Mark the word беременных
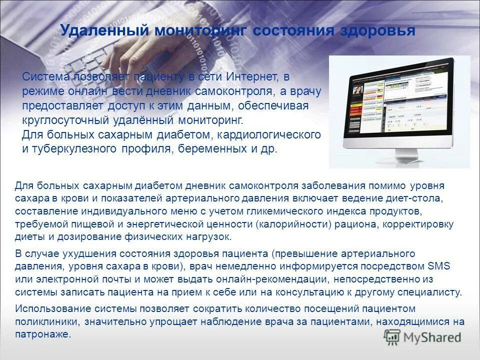(x=220, y=149)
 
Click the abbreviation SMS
(x=439, y=266)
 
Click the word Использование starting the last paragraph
(x=49, y=309)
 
